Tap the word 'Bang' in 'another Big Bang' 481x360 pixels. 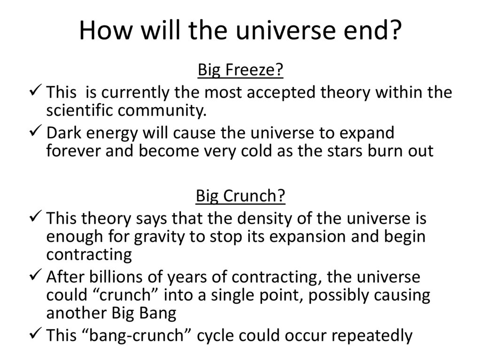point(156,313)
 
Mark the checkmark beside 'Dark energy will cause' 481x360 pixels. point(36,133)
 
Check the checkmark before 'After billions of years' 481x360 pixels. point(36,277)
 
